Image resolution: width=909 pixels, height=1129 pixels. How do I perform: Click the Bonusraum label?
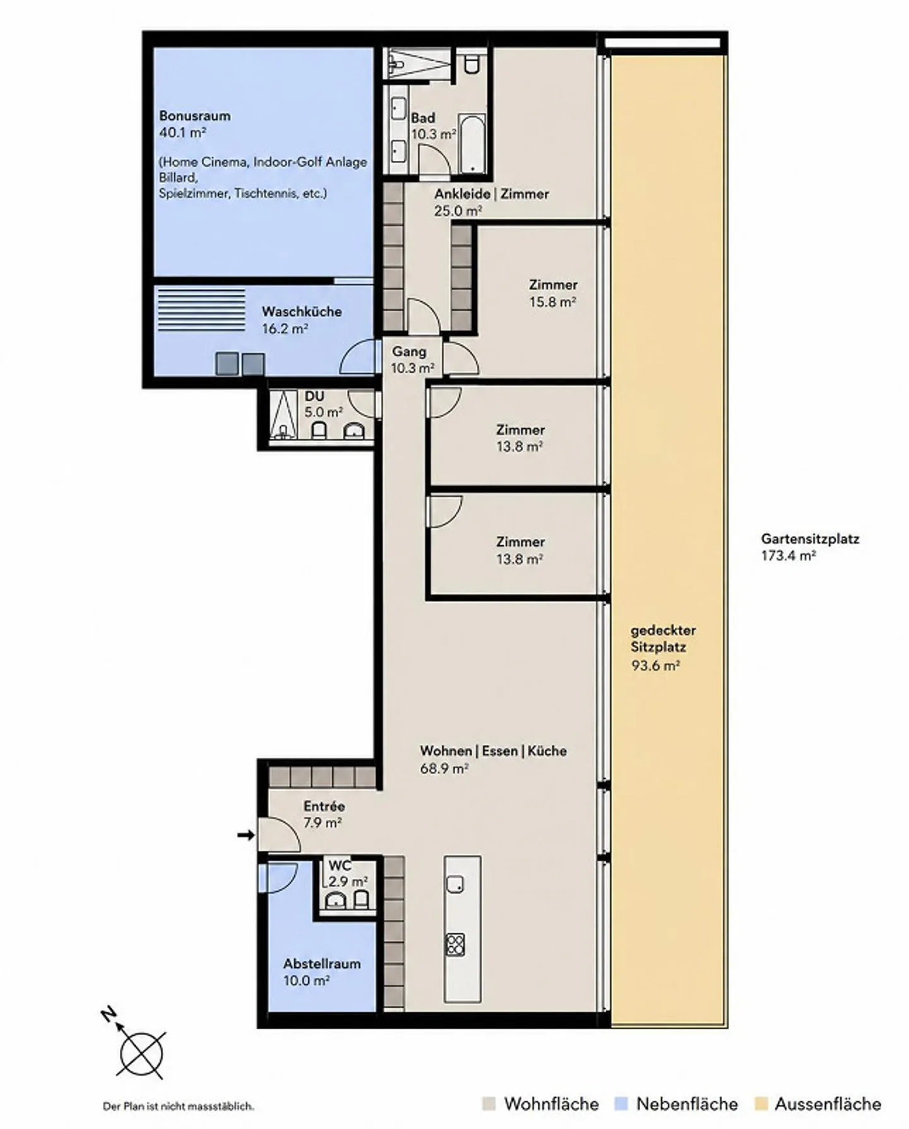click(x=194, y=116)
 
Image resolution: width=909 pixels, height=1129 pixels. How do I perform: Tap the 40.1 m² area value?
click(x=183, y=133)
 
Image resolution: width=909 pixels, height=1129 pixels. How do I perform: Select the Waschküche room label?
click(x=302, y=312)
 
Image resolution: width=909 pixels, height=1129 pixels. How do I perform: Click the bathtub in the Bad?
click(x=472, y=144)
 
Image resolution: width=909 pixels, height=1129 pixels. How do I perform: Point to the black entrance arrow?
click(x=246, y=836)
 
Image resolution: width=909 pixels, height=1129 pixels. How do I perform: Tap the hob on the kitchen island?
click(x=455, y=944)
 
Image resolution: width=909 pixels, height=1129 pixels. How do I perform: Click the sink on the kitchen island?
click(x=455, y=885)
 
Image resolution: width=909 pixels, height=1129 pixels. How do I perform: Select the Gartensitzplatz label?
click(x=810, y=539)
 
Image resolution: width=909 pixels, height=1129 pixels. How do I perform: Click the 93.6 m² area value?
click(x=655, y=665)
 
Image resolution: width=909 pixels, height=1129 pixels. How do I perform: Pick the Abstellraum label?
click(x=322, y=964)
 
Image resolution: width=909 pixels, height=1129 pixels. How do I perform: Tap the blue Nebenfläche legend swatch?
click(x=621, y=1104)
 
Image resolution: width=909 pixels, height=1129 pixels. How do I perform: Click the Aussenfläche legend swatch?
click(x=761, y=1104)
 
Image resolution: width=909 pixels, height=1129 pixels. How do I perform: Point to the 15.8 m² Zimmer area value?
click(x=552, y=302)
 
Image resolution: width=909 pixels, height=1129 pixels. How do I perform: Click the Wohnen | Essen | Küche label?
click(x=494, y=751)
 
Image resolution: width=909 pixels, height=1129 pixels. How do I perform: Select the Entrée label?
click(x=324, y=806)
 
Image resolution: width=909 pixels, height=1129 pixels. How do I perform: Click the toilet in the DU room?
click(x=319, y=430)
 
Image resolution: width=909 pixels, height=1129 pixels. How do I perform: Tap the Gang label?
click(x=409, y=352)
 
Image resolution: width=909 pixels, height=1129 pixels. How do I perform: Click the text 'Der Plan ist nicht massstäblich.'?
click(x=179, y=1106)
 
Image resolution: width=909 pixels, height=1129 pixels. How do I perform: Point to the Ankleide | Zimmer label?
click(x=492, y=194)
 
